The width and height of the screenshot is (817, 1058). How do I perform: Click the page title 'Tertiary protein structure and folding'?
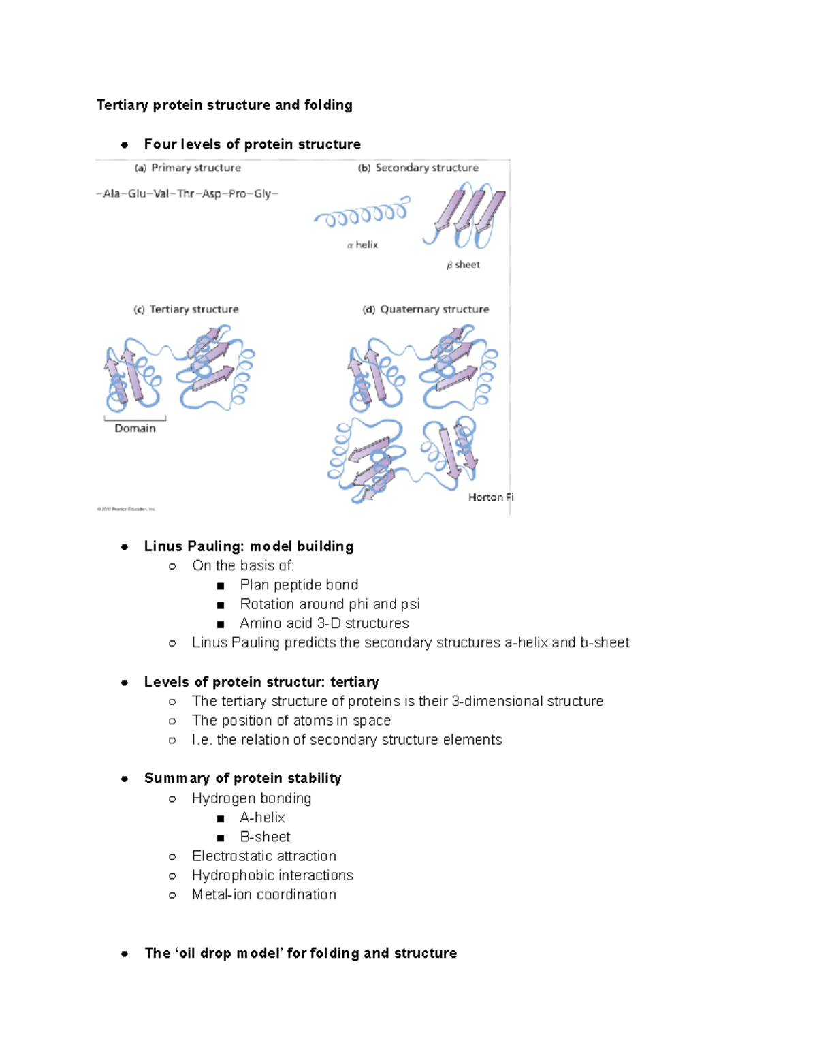point(224,105)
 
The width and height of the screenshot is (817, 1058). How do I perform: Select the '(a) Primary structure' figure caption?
point(187,168)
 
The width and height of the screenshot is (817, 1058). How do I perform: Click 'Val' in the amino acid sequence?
point(161,193)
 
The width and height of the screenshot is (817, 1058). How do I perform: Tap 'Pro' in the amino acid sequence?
point(238,193)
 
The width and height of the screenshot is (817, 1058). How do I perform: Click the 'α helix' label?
point(362,245)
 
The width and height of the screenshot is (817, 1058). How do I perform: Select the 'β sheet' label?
point(463,264)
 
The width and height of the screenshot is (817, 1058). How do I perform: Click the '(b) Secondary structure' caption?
point(418,168)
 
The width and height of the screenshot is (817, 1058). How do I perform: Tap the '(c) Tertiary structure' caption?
point(186,309)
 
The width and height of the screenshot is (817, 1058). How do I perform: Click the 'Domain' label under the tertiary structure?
point(135,429)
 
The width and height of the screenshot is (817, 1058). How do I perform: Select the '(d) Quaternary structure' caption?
point(426,309)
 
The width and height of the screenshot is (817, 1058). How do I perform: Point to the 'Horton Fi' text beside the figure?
point(490,497)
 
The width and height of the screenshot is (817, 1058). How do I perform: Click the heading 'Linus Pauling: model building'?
point(249,546)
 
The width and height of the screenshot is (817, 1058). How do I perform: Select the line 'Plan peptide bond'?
point(299,585)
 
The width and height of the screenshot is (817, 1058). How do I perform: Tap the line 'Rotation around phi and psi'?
point(330,604)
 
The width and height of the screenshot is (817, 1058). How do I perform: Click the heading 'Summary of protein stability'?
point(242,778)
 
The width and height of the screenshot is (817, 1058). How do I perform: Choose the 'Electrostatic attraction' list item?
point(264,856)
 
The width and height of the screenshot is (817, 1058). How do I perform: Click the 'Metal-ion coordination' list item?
point(264,894)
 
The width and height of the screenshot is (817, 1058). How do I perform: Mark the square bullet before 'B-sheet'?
point(220,837)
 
